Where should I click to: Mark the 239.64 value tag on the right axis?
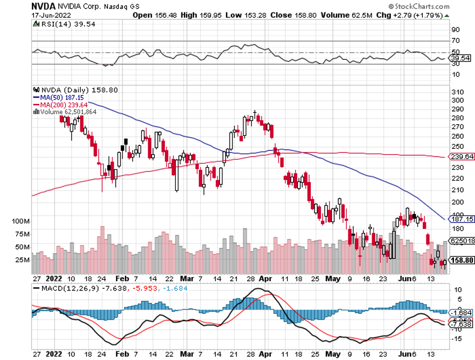click(x=462, y=157)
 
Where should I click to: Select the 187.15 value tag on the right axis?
click(x=462, y=219)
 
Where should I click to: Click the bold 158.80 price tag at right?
click(x=462, y=260)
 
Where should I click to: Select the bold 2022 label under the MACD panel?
click(x=53, y=354)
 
